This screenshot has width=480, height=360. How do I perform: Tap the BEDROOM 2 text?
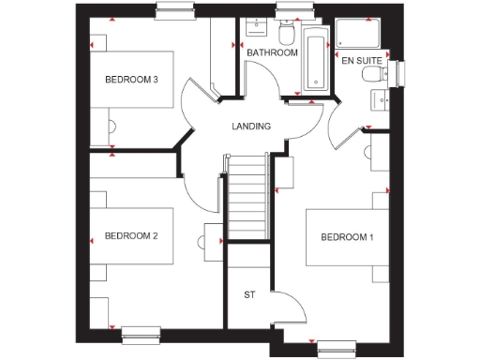coord(130,235)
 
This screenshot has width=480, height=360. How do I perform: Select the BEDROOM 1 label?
coord(347,237)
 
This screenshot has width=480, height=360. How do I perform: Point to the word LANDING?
coord(251,127)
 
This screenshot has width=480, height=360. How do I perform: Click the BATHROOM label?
coord(272,53)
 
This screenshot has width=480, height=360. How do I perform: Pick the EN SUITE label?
coord(361,61)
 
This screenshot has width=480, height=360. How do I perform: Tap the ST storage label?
coord(249,295)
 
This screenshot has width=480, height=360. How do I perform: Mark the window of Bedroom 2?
coord(141,329)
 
